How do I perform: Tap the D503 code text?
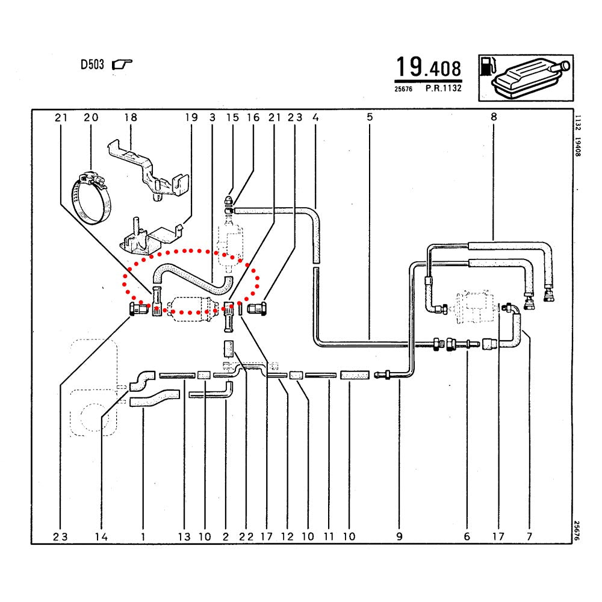point(92,64)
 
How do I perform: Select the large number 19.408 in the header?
point(429,67)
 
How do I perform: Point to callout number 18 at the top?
point(131,117)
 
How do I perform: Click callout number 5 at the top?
point(370,117)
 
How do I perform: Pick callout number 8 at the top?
point(494,117)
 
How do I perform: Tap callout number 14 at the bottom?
point(101,537)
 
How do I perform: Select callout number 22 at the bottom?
point(246,537)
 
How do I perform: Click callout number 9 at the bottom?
point(399,537)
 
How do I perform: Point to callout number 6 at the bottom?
point(467,537)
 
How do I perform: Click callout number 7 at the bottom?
point(529,537)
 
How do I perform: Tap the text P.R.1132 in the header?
point(444,88)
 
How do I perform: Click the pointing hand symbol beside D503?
point(122,64)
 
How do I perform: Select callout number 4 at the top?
point(315,117)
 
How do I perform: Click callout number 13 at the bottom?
point(184,537)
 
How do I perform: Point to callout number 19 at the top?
point(191,117)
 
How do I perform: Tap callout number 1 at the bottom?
point(143,537)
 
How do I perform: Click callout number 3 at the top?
point(213,117)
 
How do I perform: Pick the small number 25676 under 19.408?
point(403,89)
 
